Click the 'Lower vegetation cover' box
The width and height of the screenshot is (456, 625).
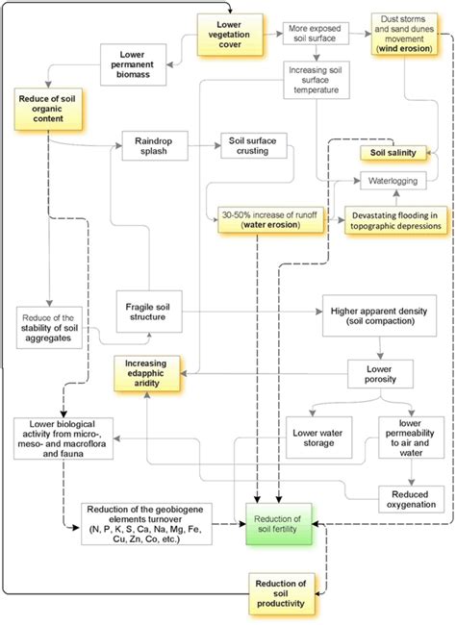(223, 33)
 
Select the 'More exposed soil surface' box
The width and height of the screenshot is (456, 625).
(314, 35)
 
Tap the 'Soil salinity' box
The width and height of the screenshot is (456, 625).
(392, 153)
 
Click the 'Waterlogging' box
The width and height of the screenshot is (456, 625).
(392, 180)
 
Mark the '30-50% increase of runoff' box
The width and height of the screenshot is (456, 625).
(258, 218)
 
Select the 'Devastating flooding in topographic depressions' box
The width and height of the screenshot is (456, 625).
(397, 218)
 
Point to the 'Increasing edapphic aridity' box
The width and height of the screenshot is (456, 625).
(147, 370)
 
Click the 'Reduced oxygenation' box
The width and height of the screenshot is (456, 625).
(413, 493)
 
